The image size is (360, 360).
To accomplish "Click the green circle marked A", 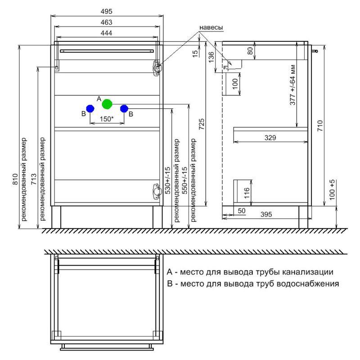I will (x=107, y=104).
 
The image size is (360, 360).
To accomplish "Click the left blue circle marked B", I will (x=90, y=108).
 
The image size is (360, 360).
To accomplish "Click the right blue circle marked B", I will (x=124, y=108).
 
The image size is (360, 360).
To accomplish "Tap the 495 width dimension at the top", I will (x=107, y=11).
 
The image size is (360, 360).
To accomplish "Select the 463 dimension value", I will (x=107, y=22).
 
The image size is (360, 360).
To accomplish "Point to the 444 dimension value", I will (x=107, y=33).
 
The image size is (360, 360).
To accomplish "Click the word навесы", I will (x=211, y=28).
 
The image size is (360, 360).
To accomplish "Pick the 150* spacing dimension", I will (x=107, y=118).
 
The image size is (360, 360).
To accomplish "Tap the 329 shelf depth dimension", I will (x=270, y=138).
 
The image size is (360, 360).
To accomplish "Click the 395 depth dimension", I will (x=267, y=215).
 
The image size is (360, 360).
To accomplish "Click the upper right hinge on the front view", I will (x=157, y=66).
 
